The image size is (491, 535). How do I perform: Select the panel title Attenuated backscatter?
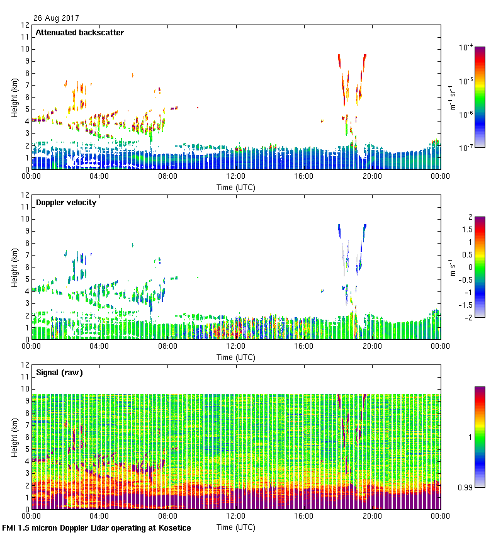click(79, 32)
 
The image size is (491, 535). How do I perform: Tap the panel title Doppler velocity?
click(65, 202)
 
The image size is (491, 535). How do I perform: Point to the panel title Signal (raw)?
click(59, 372)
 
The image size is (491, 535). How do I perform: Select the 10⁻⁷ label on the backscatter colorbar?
click(466, 147)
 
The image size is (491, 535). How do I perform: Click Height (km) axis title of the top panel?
click(13, 98)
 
